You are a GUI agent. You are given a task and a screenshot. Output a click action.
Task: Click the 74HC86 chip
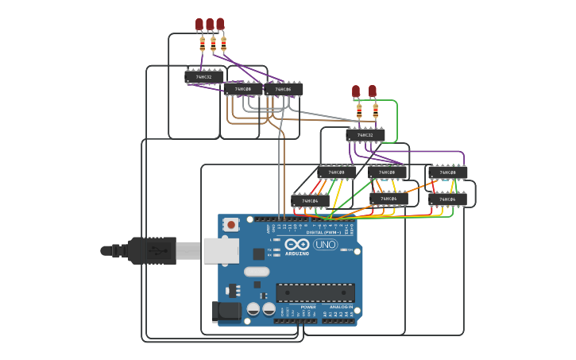click(284, 90)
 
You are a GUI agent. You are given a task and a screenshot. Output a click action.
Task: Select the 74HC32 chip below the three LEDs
click(204, 77)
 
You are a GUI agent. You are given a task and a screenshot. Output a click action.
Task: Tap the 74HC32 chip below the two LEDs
click(365, 135)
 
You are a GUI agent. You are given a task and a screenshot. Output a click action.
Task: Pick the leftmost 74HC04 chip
click(310, 201)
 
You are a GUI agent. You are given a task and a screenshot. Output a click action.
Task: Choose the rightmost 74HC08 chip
click(448, 172)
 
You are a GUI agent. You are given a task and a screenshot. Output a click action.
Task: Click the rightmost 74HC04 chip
click(448, 199)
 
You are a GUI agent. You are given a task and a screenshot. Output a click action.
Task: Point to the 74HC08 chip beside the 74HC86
click(243, 89)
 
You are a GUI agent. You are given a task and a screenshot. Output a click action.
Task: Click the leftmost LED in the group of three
click(199, 25)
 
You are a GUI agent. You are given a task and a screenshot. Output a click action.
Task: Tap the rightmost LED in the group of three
click(220, 24)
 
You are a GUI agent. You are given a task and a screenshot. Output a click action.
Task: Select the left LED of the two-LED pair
click(356, 91)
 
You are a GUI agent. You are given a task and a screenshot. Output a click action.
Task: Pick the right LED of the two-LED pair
click(372, 91)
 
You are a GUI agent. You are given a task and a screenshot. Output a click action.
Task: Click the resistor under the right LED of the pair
click(375, 110)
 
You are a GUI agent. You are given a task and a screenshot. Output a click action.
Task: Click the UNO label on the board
click(325, 245)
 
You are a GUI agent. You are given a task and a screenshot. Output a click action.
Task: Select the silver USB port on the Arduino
click(221, 250)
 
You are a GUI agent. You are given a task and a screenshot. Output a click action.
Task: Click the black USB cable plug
click(151, 250)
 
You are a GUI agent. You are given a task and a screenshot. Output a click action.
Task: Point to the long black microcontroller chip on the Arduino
click(315, 292)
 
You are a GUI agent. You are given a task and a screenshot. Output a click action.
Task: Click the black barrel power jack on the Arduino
click(226, 311)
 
